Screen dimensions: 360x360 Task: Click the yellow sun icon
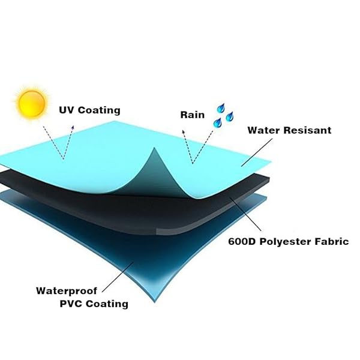32,103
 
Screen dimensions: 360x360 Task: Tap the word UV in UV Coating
67,110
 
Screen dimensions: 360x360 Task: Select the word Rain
192,115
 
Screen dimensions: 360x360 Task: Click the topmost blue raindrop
221,108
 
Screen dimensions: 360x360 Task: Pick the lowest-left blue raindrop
217,123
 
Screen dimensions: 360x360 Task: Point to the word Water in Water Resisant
264,130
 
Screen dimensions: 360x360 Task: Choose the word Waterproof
67,291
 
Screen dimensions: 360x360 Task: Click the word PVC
71,304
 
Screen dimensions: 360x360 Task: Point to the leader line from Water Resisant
257,152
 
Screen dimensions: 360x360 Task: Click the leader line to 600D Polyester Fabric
245,214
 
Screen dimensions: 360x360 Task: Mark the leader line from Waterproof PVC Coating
118,277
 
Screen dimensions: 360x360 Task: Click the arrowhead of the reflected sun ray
73,127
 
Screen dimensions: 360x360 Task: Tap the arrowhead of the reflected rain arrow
183,131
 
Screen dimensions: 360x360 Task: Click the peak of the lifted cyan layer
155,148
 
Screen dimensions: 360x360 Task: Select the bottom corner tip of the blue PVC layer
155,302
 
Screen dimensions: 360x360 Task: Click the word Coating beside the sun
99,110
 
